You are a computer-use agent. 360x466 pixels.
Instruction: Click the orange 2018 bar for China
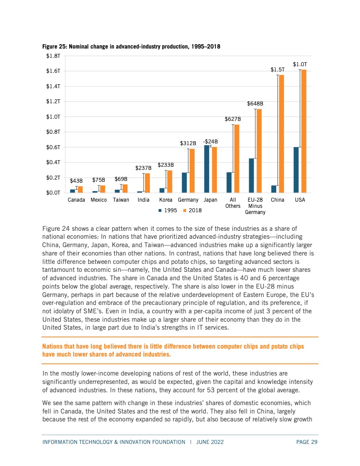281,134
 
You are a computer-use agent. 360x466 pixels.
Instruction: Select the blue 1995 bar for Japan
207,169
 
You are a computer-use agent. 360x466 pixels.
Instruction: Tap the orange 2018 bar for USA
304,131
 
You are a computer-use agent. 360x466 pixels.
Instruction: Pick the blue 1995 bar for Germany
184,183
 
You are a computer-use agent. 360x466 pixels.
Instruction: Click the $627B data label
232,119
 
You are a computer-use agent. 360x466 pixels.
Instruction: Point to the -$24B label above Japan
210,142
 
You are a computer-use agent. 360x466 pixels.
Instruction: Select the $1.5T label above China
277,70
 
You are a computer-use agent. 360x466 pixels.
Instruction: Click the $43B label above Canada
76,180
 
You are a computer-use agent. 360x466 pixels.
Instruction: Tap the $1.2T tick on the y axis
53,101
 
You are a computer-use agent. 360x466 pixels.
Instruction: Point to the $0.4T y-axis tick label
53,162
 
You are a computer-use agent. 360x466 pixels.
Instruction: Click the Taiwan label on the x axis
121,200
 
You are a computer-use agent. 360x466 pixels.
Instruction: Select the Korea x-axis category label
166,200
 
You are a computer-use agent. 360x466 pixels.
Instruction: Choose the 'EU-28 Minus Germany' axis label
255,206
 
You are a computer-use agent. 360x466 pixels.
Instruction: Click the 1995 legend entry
168,210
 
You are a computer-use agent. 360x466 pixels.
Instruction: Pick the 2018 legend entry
192,210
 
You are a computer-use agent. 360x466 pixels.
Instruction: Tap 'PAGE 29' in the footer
307,442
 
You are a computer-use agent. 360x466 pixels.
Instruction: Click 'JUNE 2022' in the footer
210,442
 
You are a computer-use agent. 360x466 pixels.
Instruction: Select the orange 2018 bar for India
147,183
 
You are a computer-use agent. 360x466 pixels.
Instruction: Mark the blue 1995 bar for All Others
229,183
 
